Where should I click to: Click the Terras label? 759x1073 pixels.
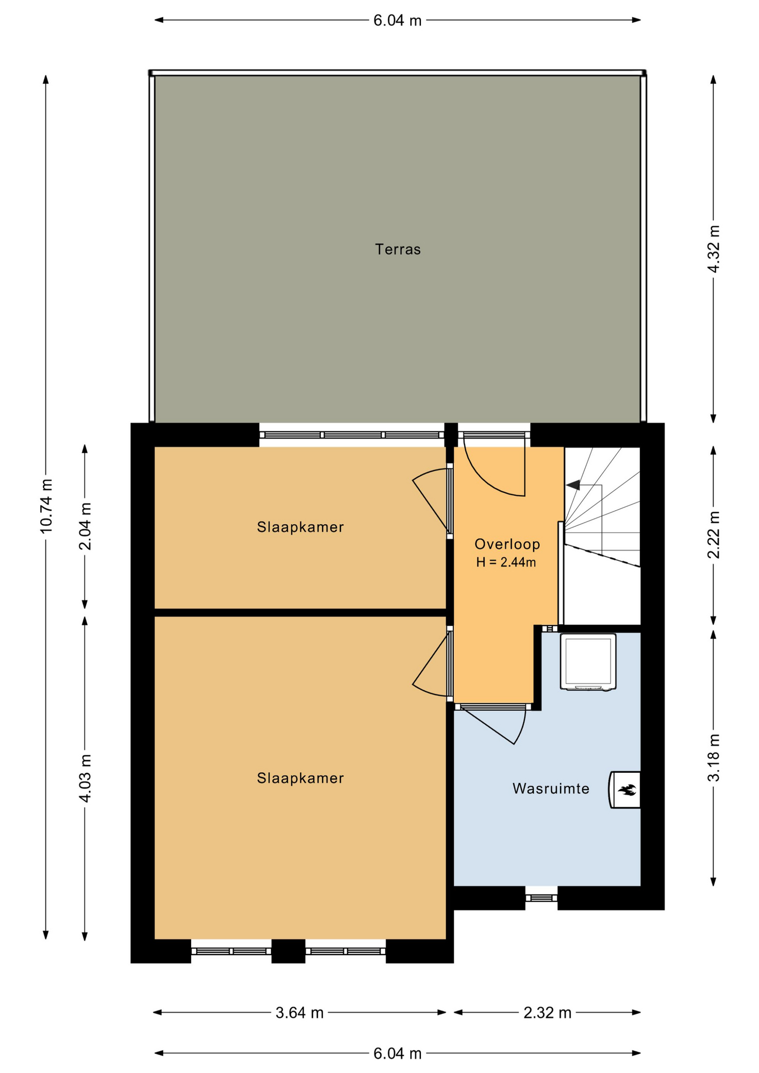pos(397,249)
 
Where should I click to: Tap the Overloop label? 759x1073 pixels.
pos(507,544)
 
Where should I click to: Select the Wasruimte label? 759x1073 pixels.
pos(551,789)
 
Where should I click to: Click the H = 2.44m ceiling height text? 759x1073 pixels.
pos(506,562)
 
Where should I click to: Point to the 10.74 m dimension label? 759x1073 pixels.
pos(46,505)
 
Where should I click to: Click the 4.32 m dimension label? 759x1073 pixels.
pos(713,249)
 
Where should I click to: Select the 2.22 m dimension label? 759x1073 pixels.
pos(713,535)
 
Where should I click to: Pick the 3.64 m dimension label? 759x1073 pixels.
pos(300,1013)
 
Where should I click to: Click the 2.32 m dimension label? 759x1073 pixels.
pos(547,1013)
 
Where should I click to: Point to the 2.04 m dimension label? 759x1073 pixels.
pos(85,526)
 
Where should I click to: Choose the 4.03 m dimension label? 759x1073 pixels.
pos(85,778)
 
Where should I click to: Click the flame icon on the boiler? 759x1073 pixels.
pos(627,790)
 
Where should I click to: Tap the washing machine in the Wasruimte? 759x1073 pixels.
pos(588,662)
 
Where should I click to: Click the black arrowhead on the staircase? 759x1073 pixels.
pos(573,485)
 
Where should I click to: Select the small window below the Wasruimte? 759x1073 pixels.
pos(541,898)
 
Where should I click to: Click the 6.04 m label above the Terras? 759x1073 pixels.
pos(397,21)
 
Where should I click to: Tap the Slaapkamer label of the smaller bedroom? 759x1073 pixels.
pos(300,527)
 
